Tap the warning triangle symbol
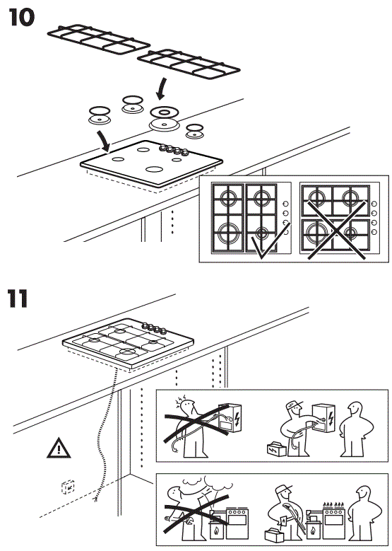(x=59, y=447)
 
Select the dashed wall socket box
(x=69, y=487)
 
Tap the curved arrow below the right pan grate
(x=163, y=88)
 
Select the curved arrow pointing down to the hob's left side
(x=103, y=139)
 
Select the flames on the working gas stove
(x=332, y=503)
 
